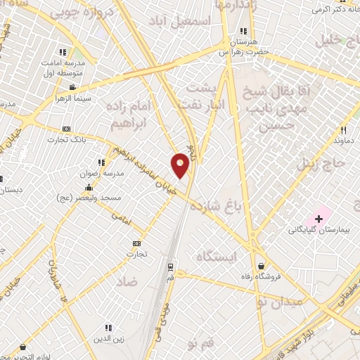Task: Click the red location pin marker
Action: click(x=180, y=165)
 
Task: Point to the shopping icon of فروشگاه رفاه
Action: click(x=262, y=266)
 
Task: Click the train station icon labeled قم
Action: click(x=170, y=267)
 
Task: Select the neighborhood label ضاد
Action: click(x=127, y=281)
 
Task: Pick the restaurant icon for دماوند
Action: click(x=343, y=130)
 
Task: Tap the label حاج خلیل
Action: click(x=339, y=39)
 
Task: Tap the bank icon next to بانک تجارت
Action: click(x=67, y=129)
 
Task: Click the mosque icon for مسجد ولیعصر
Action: click(x=89, y=188)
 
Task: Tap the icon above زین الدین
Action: click(x=108, y=328)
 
